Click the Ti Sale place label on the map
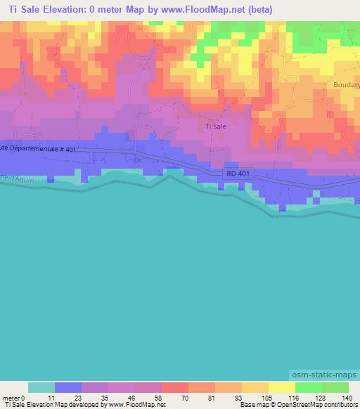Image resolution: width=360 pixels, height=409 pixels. coord(215,126)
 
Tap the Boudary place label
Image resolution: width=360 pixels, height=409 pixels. coord(346,84)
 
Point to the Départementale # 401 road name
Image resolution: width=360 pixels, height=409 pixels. coord(39,148)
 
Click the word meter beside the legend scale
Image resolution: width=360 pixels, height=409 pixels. coord(9,397)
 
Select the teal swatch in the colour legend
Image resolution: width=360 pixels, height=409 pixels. coord(41,387)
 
